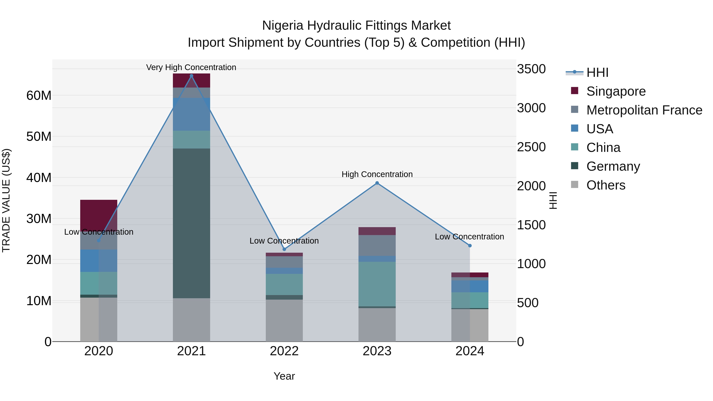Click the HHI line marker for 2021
(191, 76)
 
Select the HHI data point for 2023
(377, 183)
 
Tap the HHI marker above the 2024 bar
(470, 246)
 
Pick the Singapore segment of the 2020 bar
(99, 214)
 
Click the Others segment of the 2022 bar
(284, 320)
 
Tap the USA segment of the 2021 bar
(191, 114)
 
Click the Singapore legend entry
(616, 91)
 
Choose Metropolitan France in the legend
(644, 110)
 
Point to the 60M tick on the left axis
(39, 95)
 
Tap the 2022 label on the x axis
(284, 351)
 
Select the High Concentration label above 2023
(377, 174)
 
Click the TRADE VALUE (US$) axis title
(6, 200)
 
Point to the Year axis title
(284, 376)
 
